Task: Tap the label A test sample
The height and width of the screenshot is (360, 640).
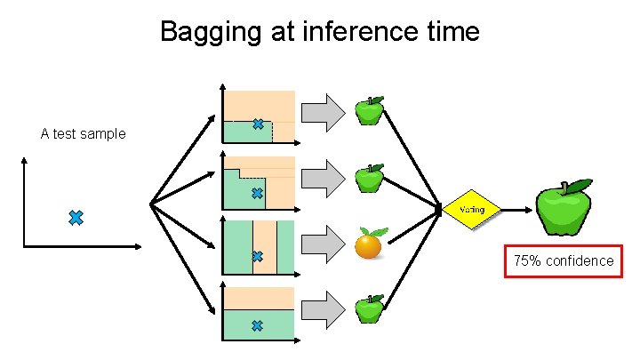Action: click(x=84, y=134)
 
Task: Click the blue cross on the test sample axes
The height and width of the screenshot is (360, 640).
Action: click(x=76, y=218)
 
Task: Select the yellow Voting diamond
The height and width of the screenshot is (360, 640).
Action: click(x=472, y=211)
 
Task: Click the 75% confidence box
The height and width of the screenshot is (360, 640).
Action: click(x=564, y=260)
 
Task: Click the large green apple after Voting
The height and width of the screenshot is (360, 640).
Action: click(x=563, y=209)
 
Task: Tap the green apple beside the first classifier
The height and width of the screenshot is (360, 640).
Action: click(x=369, y=112)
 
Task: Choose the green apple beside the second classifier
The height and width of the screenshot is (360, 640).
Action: click(x=369, y=179)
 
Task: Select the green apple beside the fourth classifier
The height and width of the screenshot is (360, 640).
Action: click(x=369, y=308)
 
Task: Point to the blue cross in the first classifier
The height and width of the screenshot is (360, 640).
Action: click(x=258, y=125)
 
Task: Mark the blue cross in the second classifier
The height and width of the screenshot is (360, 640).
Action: click(x=258, y=193)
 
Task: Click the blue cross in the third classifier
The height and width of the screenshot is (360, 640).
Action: click(x=258, y=257)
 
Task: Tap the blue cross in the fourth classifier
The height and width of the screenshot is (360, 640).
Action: click(x=258, y=326)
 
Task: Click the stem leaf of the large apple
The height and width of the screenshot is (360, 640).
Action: click(x=578, y=185)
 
